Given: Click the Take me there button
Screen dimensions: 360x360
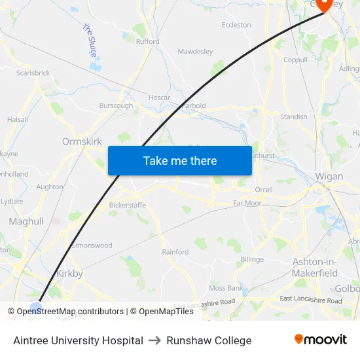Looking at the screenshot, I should tap(180, 160).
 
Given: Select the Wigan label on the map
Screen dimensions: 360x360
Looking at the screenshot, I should tap(329, 176).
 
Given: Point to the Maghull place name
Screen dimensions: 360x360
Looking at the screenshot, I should tap(26, 222).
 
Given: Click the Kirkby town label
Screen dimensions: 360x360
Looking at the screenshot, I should tap(70, 274).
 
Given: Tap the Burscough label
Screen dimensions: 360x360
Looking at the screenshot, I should tap(116, 105).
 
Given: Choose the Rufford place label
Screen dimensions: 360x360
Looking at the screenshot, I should tap(147, 41).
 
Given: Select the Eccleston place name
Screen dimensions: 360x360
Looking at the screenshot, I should tap(236, 25).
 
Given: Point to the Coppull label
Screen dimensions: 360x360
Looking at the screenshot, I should tap(295, 60).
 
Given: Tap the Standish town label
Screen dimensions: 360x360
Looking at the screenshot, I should tap(293, 117).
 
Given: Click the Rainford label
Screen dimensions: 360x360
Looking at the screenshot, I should tap(175, 251).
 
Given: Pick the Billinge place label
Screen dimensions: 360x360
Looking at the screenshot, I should tap(252, 259).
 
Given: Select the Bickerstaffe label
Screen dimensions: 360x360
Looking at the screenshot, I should tap(128, 205).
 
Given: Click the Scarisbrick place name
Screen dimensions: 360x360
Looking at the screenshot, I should tap(33, 73).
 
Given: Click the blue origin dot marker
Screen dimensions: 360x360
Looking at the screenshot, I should tap(37, 308).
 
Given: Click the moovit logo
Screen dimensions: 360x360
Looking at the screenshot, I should tap(321, 340).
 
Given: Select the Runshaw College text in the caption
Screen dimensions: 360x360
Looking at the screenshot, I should tap(209, 340).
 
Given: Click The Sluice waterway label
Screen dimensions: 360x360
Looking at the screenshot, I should tap(90, 40).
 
